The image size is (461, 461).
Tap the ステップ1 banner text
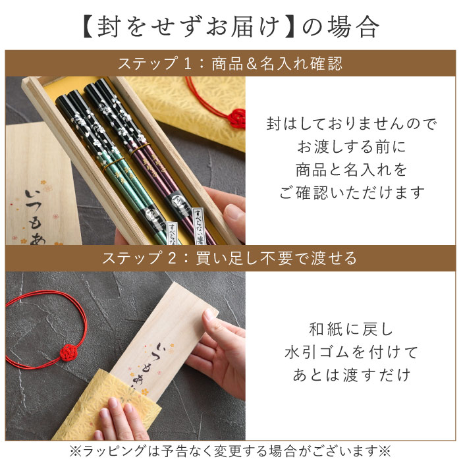[x=230, y=64]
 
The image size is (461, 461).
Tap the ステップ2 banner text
[x=230, y=258]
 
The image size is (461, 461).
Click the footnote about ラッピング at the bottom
[x=230, y=450]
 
